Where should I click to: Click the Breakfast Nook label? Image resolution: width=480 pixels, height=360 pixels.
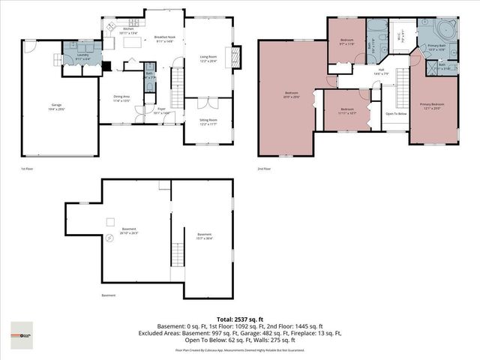(164, 38)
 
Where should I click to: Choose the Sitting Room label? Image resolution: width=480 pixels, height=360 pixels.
(208, 121)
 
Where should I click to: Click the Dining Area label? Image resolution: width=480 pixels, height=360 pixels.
(121, 97)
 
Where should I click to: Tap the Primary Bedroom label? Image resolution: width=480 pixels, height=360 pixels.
(431, 106)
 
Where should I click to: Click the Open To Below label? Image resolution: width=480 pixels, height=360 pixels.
(396, 114)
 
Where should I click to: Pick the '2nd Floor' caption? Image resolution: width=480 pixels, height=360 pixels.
(264, 169)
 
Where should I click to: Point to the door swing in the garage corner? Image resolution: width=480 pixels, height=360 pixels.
(29, 46)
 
